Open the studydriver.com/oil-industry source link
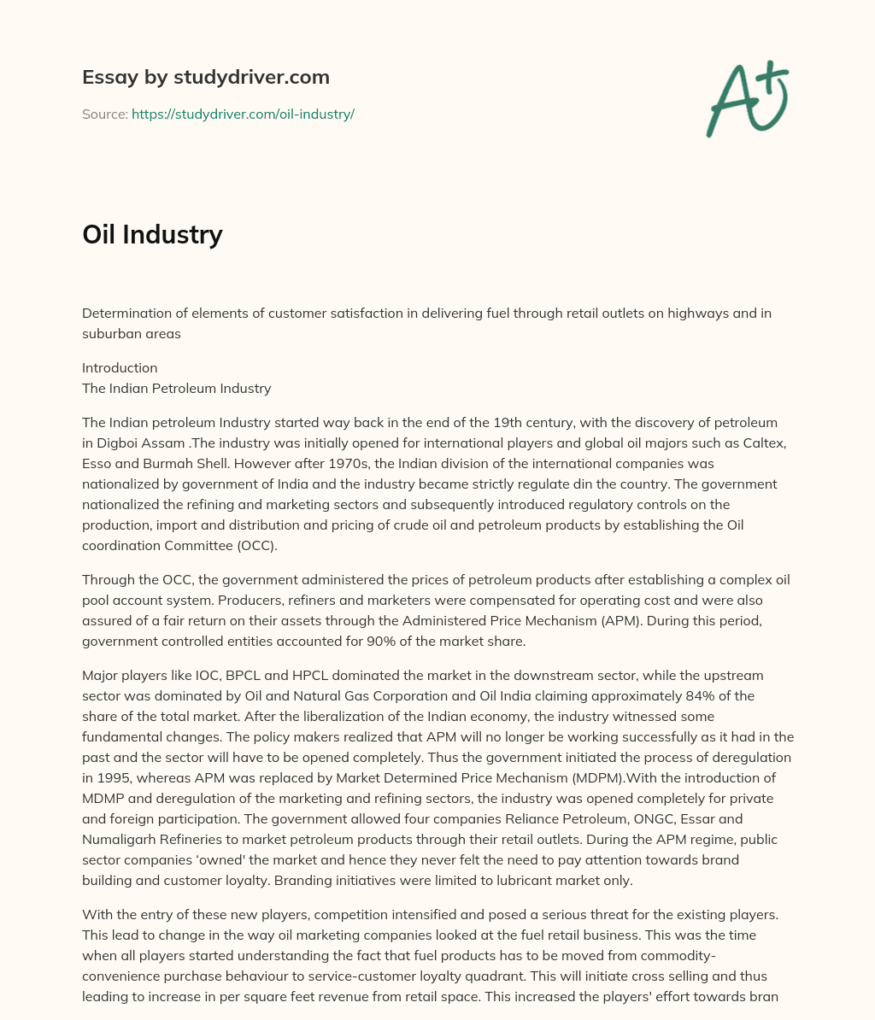coord(243,114)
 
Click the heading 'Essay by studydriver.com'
coord(205,77)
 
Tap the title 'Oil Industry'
coord(152,234)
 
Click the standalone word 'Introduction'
coord(120,367)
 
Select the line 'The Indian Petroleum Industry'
coord(176,388)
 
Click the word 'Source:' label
coord(104,114)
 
